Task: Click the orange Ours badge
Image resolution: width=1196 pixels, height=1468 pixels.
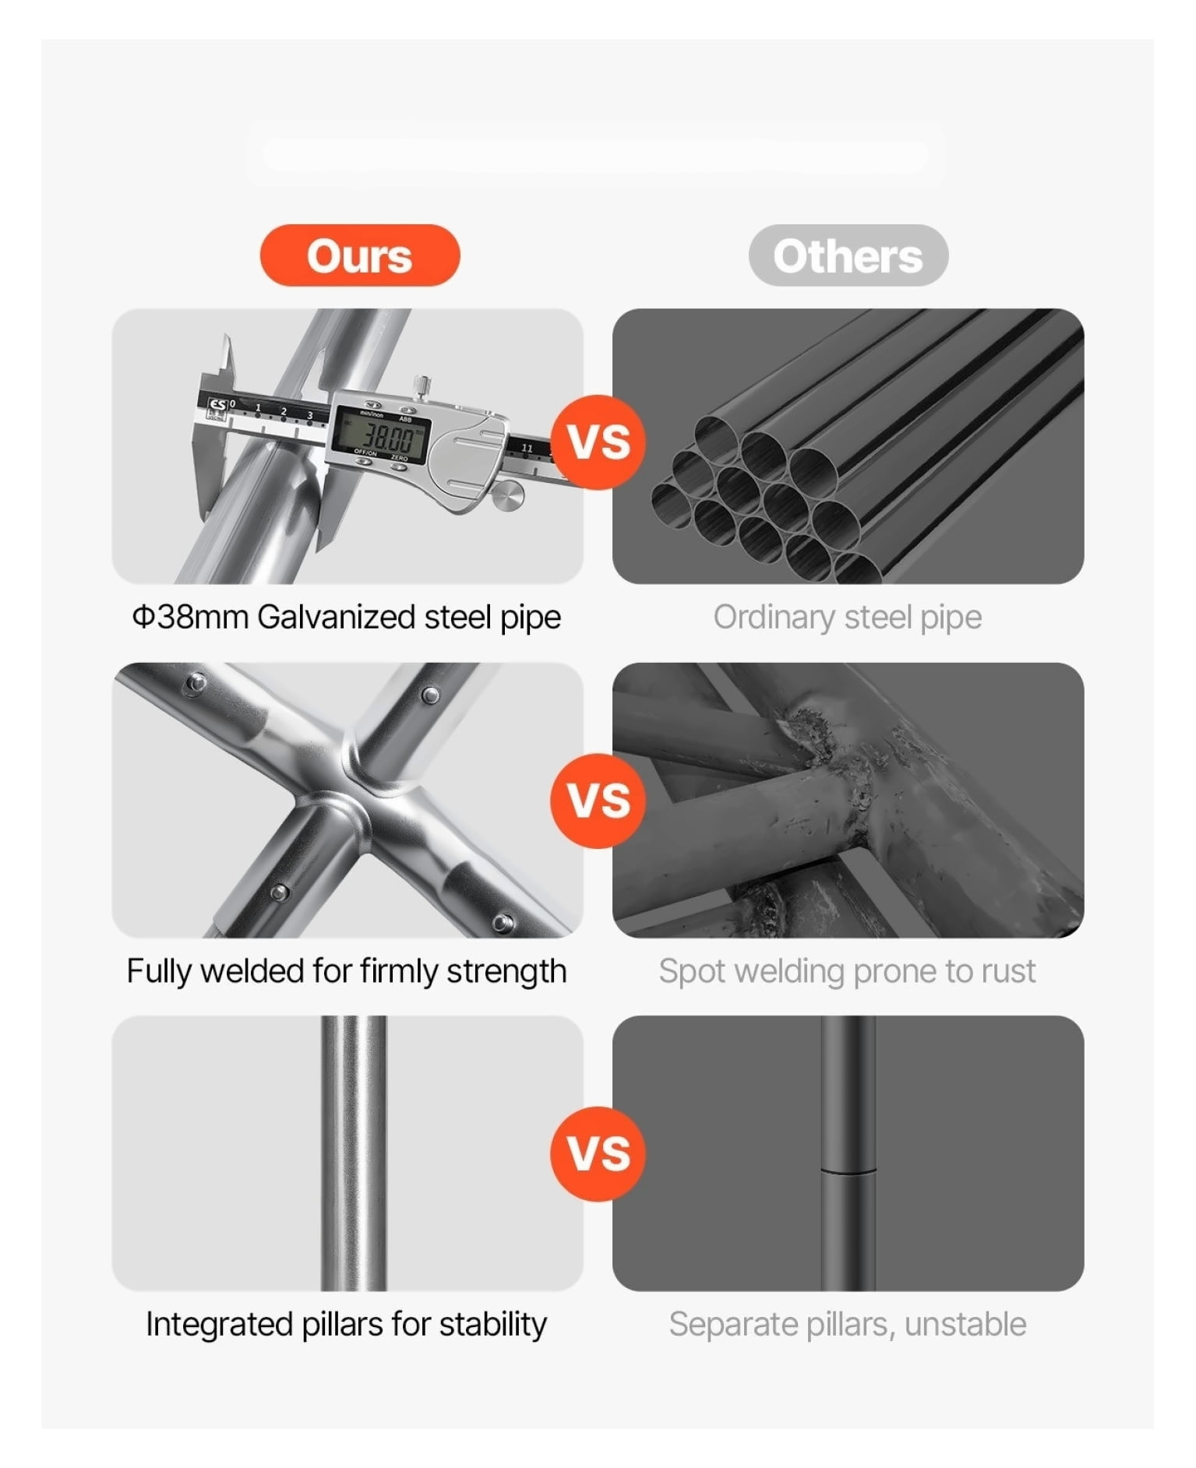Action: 360,255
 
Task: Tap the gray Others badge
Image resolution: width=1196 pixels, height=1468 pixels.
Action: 848,255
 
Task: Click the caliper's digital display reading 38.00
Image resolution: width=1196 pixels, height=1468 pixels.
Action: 380,435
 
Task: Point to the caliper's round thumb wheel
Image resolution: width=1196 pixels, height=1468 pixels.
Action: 508,495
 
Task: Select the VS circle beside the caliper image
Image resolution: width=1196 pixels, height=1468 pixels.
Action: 598,442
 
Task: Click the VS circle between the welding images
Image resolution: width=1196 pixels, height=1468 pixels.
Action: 598,801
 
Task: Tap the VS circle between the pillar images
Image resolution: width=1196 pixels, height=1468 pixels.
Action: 598,1153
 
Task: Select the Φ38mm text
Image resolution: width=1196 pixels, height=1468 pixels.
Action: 191,617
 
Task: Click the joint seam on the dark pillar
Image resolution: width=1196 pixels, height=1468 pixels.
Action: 848,1169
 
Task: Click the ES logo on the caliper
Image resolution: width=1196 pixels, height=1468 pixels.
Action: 217,406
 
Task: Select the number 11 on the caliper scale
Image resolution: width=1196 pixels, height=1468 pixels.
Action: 527,448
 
